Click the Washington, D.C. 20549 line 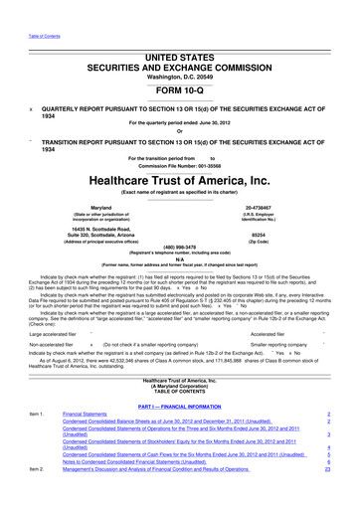[180, 46]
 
